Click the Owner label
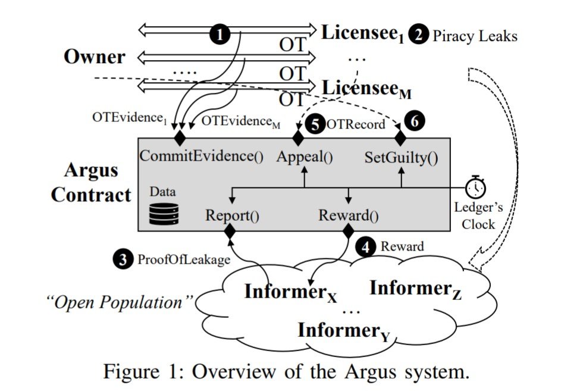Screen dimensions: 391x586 [95, 57]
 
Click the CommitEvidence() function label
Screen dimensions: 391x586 [200, 157]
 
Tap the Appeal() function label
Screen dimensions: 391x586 [305, 157]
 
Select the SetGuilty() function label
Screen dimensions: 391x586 [400, 157]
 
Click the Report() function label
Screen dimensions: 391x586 [232, 215]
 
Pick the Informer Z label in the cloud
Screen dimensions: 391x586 [415, 289]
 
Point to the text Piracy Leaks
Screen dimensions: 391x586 [474, 35]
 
